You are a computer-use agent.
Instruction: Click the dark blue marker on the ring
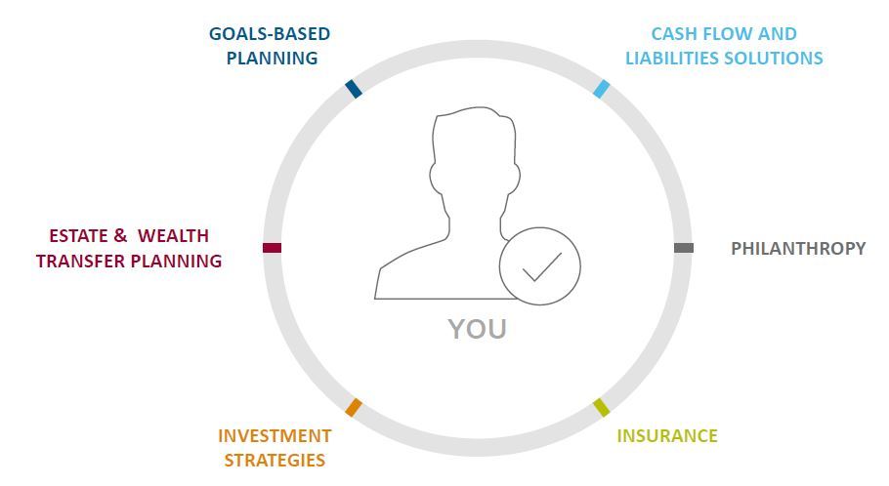(x=354, y=89)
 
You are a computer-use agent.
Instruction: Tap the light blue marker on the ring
(x=602, y=89)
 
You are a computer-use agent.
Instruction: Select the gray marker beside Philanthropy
(x=684, y=248)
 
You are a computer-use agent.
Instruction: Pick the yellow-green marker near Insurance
(x=602, y=407)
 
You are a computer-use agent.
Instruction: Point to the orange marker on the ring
(x=354, y=407)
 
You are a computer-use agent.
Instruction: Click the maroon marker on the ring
(x=273, y=248)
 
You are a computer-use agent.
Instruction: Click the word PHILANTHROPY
(x=798, y=248)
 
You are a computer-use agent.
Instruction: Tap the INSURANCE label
(x=667, y=435)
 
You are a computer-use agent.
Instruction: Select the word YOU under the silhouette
(x=477, y=329)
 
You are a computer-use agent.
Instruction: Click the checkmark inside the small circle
(x=542, y=266)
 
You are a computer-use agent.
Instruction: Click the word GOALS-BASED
(x=270, y=34)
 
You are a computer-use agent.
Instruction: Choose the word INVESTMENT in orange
(x=275, y=435)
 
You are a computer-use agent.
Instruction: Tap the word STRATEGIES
(x=275, y=460)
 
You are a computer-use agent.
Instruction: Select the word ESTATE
(x=78, y=235)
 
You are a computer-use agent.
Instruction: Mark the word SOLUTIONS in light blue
(x=774, y=58)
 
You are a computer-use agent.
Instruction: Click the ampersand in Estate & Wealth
(x=120, y=235)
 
